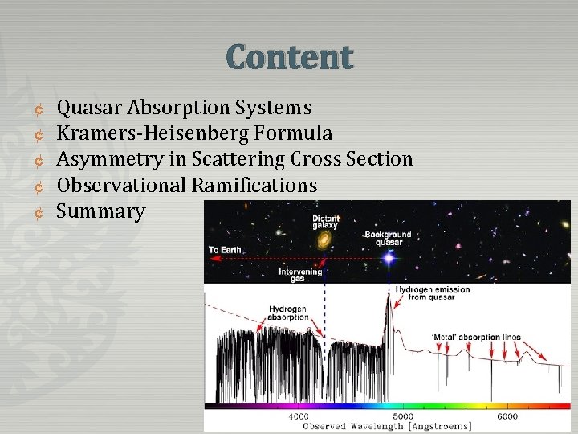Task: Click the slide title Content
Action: coord(289,58)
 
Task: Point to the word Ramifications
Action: coord(254,186)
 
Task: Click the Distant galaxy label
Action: coord(325,221)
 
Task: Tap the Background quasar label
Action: coord(388,239)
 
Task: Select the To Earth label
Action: coord(226,250)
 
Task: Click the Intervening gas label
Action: coord(300,276)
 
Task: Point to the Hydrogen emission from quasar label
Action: coord(432,293)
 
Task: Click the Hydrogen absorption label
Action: coord(287,313)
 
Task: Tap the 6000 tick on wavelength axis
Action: coord(507,416)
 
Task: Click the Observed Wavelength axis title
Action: coord(386,425)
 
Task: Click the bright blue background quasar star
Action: coord(389,258)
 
